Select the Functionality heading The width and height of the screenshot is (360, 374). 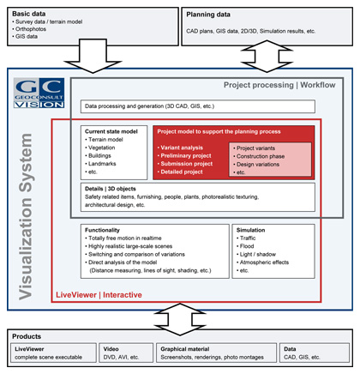(107, 230)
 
